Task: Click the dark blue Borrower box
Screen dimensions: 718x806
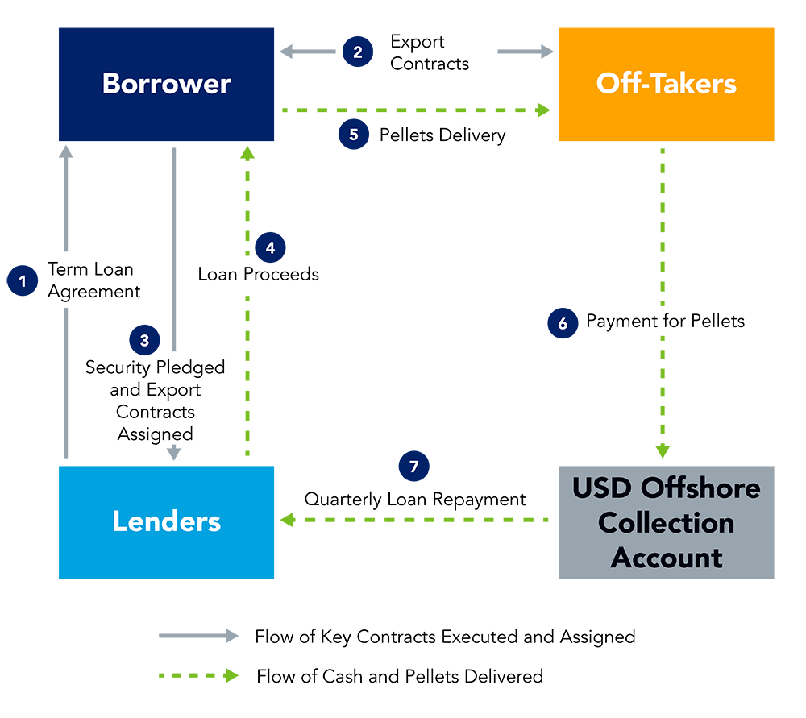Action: coord(166,85)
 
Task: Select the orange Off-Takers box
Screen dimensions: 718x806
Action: coord(666,85)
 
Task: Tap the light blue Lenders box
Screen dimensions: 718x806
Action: coord(166,521)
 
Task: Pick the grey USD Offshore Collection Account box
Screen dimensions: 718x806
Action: coord(666,522)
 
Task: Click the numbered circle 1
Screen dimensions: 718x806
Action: coord(23,281)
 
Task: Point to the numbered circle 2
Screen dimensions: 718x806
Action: coord(358,52)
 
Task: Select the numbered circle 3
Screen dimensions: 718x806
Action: coord(144,340)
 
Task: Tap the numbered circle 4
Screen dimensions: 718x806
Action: coord(270,247)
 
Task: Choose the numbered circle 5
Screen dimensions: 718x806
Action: coord(354,135)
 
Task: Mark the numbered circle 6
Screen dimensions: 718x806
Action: coord(563,324)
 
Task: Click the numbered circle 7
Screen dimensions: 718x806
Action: coord(414,467)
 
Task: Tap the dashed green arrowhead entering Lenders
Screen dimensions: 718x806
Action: coord(286,520)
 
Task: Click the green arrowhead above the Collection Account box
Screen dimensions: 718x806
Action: coord(663,451)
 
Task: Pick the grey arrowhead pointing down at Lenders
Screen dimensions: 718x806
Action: coord(173,454)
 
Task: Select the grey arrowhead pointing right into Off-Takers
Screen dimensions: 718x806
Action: coord(547,52)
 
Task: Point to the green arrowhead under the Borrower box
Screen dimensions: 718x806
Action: coord(247,152)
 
